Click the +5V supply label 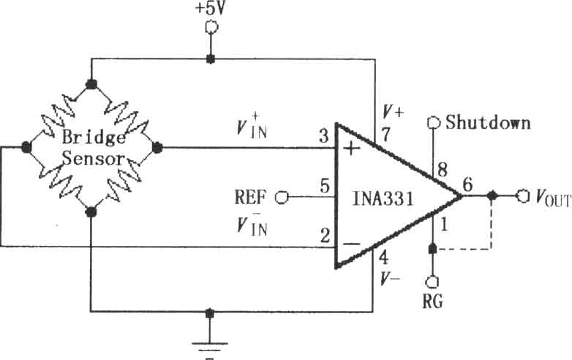[x=211, y=8]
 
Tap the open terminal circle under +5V [x=211, y=27]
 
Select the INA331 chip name [x=383, y=199]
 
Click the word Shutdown [x=488, y=122]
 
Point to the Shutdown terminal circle [x=433, y=123]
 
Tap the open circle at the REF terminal [x=282, y=198]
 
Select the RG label [x=432, y=301]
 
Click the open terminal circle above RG [x=432, y=282]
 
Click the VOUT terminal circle [x=522, y=196]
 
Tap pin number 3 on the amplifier [x=324, y=136]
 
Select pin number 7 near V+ [x=386, y=135]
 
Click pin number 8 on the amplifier [x=443, y=170]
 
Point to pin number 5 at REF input [x=325, y=186]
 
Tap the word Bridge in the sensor [x=94, y=138]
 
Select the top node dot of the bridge [x=91, y=85]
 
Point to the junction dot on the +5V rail [x=210, y=59]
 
